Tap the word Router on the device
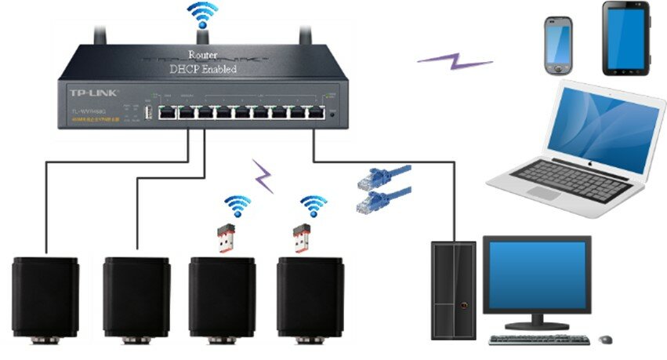tap(202, 55)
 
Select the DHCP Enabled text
tap(203, 69)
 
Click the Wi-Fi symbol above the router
tap(201, 16)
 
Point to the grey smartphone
tap(558, 45)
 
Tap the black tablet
tap(625, 38)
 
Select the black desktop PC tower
tap(454, 289)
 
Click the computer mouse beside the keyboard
tap(605, 340)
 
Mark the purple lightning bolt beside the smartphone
tap(455, 61)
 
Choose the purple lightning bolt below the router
tap(263, 176)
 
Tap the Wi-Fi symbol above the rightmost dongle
tap(314, 206)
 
